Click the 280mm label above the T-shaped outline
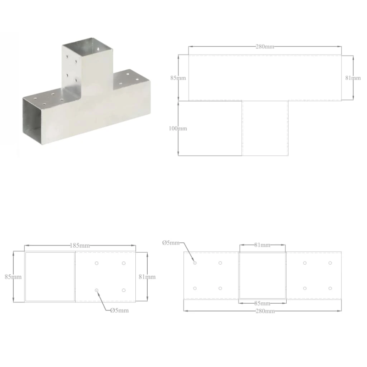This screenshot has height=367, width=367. point(265,46)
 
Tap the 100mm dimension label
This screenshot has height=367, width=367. point(178,128)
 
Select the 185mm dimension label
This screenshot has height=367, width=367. point(80,246)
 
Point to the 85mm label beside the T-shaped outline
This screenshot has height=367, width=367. point(178,78)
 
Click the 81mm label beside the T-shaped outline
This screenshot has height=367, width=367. point(352,78)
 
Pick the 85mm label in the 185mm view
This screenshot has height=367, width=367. point(13,277)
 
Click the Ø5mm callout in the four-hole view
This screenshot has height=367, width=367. point(119,310)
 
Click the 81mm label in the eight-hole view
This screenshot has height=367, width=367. point(262,245)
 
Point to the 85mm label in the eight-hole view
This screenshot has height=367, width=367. point(262,304)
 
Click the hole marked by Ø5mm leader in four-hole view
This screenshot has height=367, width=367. point(97,290)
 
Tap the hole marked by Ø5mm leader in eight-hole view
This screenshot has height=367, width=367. point(195,263)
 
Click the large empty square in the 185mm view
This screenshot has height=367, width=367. point(50,277)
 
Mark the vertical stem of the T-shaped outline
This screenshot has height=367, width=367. point(265,128)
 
